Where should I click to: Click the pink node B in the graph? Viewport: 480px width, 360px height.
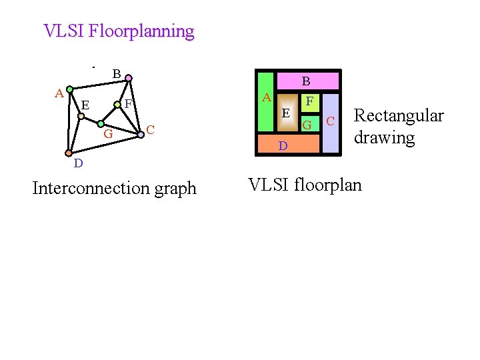tap(129, 78)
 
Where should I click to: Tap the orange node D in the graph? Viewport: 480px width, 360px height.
tap(69, 153)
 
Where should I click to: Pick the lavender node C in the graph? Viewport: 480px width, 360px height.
tap(141, 134)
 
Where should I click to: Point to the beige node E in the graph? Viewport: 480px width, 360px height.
tap(81, 115)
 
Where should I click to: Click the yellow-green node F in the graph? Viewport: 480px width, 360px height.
tap(117, 104)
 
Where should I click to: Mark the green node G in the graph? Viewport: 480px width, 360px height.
tap(100, 123)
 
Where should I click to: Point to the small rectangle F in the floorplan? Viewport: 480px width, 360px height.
tap(309, 102)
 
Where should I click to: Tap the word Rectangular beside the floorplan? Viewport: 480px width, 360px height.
tap(398, 115)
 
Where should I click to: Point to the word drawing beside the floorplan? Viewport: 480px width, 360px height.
tap(384, 138)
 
